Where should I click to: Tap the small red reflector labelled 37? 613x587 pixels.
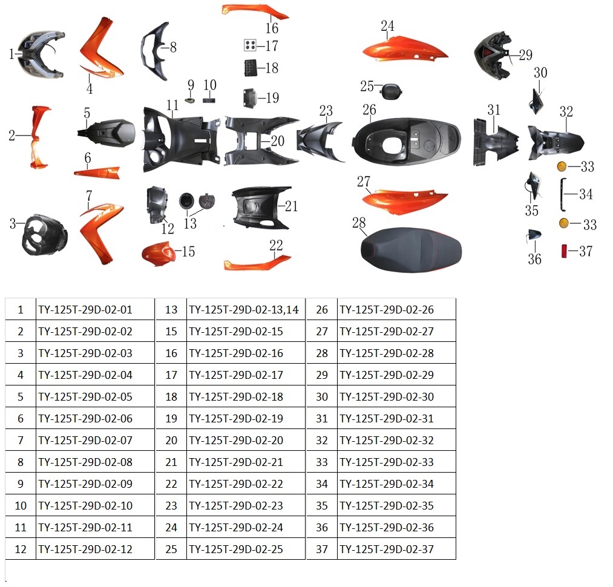(564, 251)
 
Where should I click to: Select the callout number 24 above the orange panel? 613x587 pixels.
(387, 26)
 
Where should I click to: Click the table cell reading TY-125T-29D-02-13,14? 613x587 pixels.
(244, 310)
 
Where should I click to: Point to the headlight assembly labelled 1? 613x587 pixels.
(41, 54)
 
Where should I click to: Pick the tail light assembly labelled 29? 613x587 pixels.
(493, 56)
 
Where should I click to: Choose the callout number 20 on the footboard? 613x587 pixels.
(278, 141)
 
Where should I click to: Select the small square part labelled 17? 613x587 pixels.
(250, 45)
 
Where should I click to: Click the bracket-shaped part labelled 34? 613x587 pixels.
(563, 194)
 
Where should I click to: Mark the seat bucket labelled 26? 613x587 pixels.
(407, 141)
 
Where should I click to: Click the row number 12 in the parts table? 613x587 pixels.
(21, 549)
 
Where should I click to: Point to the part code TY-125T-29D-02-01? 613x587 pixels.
(85, 310)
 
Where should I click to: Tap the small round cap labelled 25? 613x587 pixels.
(392, 91)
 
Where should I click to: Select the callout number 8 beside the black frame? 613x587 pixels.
(173, 47)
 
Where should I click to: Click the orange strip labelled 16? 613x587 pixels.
(255, 11)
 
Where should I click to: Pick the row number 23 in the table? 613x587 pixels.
(171, 506)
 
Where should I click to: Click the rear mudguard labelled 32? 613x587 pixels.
(556, 143)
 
